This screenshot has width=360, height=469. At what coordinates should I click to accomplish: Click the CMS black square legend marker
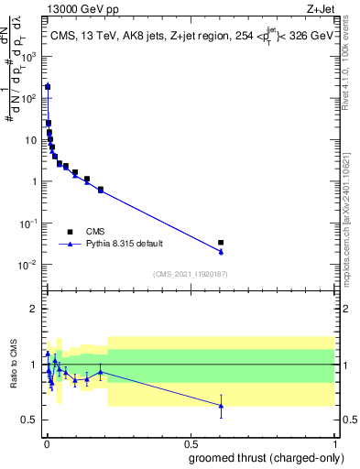tap(70, 232)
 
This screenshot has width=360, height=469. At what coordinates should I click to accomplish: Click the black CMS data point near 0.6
tap(221, 243)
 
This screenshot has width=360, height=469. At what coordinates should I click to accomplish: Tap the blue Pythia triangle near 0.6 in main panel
tap(221, 251)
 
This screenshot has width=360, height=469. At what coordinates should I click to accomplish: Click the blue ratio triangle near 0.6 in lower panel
tap(221, 405)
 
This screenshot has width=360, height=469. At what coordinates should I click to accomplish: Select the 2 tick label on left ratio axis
tap(34, 309)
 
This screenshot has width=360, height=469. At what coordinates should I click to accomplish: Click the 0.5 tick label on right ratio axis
tap(348, 420)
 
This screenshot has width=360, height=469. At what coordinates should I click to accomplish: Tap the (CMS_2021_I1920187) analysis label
tap(190, 273)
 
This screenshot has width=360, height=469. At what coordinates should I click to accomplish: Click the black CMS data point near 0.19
tap(101, 190)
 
